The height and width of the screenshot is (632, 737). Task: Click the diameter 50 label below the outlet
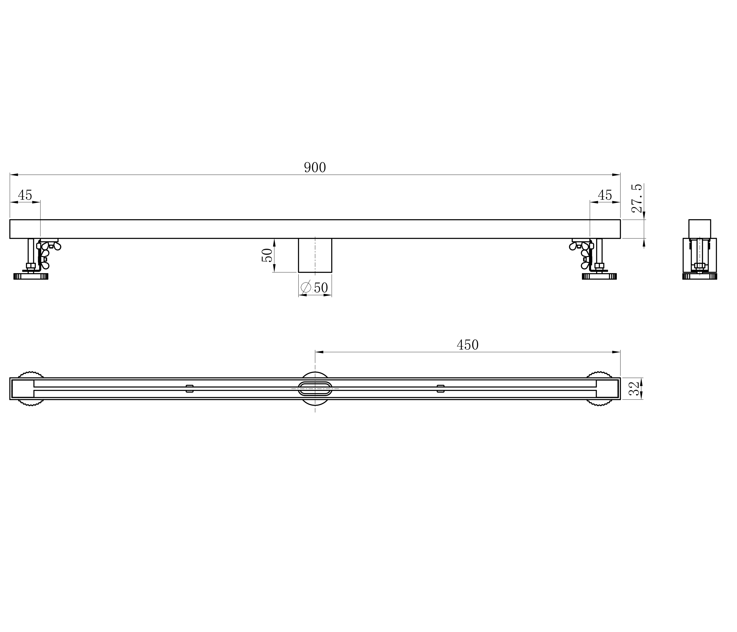point(315,287)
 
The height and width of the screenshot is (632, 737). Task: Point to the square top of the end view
point(700,229)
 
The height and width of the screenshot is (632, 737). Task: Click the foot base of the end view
point(700,276)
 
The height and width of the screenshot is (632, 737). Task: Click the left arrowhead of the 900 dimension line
point(14,175)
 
